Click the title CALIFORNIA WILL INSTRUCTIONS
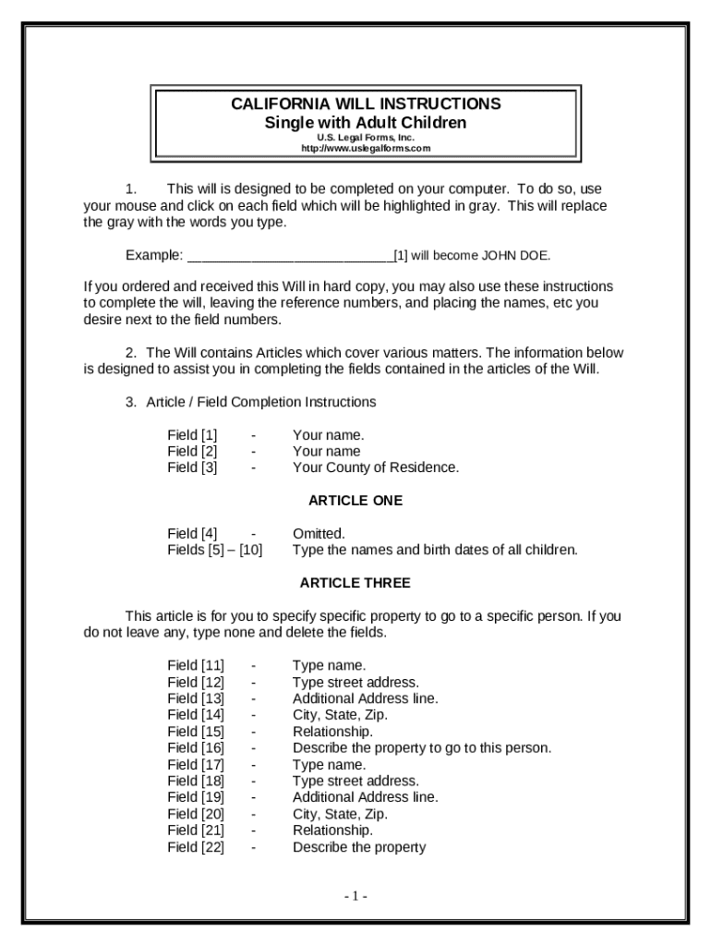coord(366,103)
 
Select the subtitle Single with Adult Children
coord(366,123)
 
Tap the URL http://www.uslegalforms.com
coord(366,149)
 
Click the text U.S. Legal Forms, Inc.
coord(366,138)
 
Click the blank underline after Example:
coord(290,256)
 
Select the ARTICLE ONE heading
coord(355,501)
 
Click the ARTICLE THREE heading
coord(355,583)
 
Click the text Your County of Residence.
coord(376,467)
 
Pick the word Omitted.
coord(319,533)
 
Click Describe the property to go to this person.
coord(422,748)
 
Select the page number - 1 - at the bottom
coord(356,896)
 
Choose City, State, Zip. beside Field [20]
coord(340,814)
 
